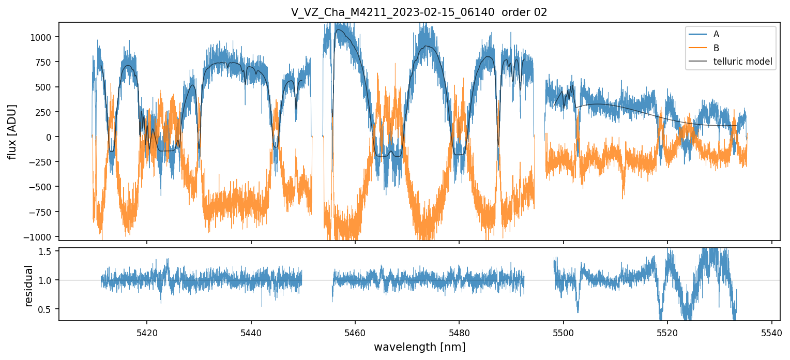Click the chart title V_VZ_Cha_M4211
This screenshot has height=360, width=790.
click(419, 13)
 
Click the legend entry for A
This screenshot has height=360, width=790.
click(716, 34)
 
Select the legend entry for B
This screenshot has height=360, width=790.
click(716, 48)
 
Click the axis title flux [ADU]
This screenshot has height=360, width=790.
click(11, 131)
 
